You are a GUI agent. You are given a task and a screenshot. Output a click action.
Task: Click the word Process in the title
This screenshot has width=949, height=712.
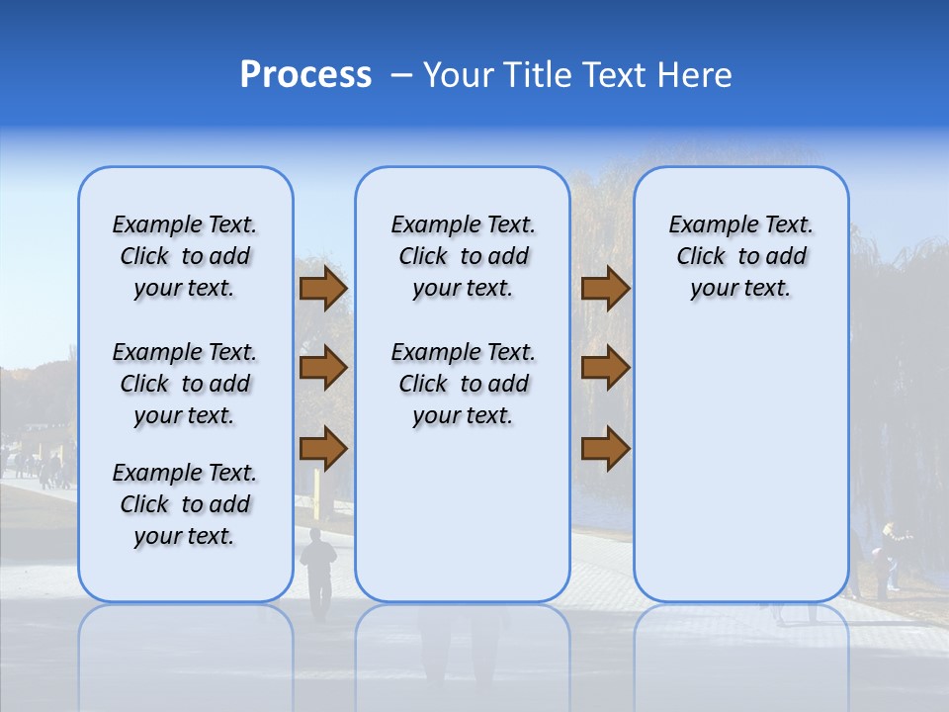pos(305,75)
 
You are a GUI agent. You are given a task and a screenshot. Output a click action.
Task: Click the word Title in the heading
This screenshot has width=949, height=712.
pos(535,75)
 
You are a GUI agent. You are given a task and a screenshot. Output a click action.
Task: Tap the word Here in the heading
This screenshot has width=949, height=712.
pos(695,75)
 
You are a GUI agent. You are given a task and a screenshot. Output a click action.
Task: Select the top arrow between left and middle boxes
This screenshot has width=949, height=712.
pos(322,288)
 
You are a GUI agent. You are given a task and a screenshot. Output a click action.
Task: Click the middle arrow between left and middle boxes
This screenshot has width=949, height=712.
pos(322,368)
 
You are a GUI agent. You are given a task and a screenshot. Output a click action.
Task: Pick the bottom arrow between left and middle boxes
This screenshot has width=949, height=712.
pos(322,449)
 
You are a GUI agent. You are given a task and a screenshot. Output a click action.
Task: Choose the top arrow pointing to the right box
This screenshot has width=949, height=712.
pos(605,288)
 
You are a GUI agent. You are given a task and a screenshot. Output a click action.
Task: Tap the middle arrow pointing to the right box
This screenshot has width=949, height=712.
pos(605,368)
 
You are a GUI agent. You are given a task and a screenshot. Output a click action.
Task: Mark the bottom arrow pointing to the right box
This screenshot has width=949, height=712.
pos(605,449)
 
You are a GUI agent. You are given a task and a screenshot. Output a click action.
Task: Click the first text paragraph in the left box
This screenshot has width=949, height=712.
pos(185,256)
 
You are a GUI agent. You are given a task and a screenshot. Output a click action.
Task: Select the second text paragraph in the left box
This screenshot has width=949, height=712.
pos(185,384)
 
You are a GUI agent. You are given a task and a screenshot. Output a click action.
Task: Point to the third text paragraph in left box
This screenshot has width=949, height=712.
pos(185,504)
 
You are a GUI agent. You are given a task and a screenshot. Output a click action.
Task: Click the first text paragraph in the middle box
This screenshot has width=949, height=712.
pos(464,256)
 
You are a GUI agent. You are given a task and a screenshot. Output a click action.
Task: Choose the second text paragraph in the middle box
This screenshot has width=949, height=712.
pos(464,384)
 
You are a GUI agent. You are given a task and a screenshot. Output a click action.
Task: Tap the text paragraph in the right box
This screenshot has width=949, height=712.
pos(741,256)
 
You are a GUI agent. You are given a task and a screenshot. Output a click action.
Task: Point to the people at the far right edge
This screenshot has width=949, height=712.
pos(890,559)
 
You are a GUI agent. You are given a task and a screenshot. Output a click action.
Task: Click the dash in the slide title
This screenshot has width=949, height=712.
pos(401,75)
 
